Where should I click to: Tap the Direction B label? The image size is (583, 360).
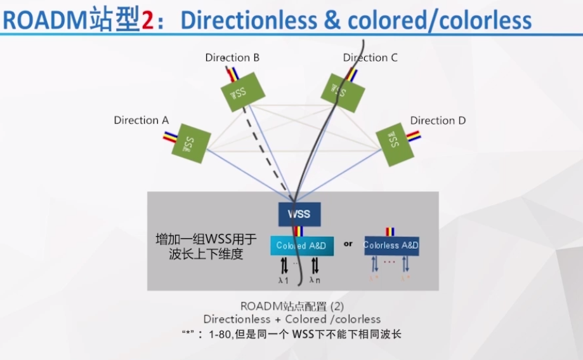[232, 58]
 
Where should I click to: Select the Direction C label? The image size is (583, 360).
[370, 58]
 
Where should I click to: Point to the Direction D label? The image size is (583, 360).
[438, 121]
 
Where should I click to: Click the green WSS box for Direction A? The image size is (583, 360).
[190, 143]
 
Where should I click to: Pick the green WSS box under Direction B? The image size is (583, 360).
[238, 93]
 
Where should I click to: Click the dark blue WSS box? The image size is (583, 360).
[299, 214]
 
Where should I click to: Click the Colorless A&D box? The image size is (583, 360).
[391, 246]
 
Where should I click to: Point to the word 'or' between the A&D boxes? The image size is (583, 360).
[348, 243]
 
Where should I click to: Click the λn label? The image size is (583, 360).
[315, 280]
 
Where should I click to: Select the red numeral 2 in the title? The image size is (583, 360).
[147, 21]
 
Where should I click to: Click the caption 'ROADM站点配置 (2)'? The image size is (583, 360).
[292, 305]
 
